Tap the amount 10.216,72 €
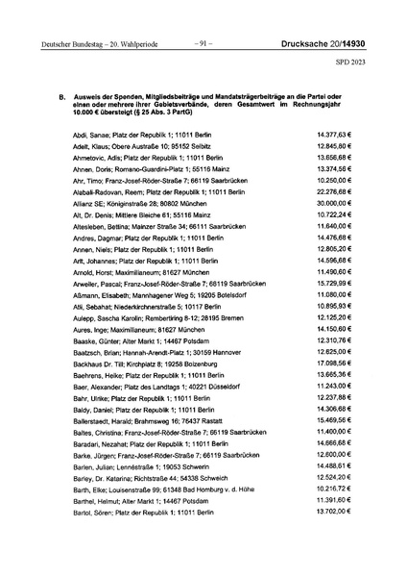(x=335, y=489)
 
